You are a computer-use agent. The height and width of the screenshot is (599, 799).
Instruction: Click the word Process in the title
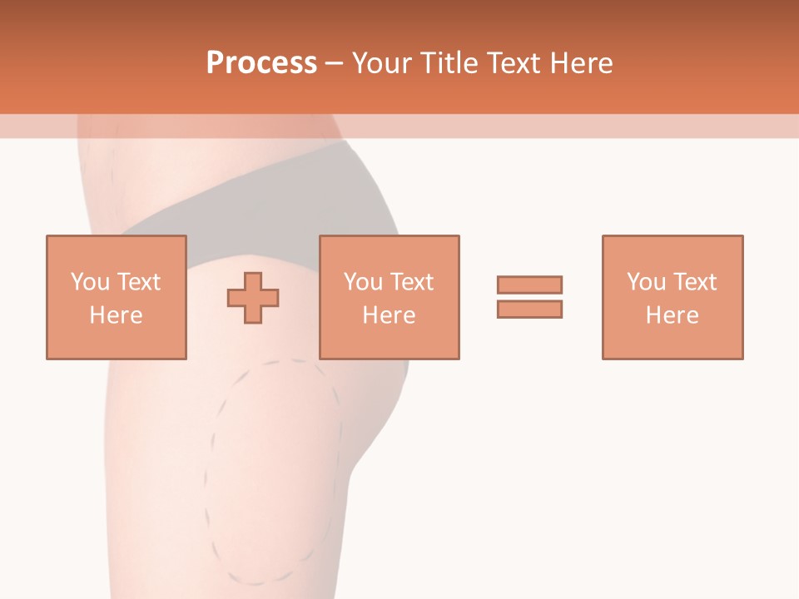coord(261,63)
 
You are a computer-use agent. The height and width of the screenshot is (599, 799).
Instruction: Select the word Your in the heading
coord(382,63)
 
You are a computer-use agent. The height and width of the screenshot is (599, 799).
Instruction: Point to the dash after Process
coord(335,64)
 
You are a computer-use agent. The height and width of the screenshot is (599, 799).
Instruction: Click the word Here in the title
coord(581,63)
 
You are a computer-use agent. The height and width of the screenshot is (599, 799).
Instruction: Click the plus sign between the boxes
coord(253,297)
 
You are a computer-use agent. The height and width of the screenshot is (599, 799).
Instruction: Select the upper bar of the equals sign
coord(529,285)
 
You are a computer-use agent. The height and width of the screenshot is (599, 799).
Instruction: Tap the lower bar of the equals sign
coord(529,309)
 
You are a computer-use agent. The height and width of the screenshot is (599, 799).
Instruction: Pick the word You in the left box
coord(90,282)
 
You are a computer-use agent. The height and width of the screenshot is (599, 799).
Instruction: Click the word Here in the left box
coord(116,315)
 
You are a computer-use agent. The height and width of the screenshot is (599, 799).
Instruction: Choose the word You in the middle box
coord(363,282)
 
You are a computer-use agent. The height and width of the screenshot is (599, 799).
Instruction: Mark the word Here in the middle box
coord(389,315)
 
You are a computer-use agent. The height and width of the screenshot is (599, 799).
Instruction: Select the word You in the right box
coord(646,282)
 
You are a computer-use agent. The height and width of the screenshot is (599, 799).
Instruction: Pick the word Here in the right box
coord(672,315)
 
